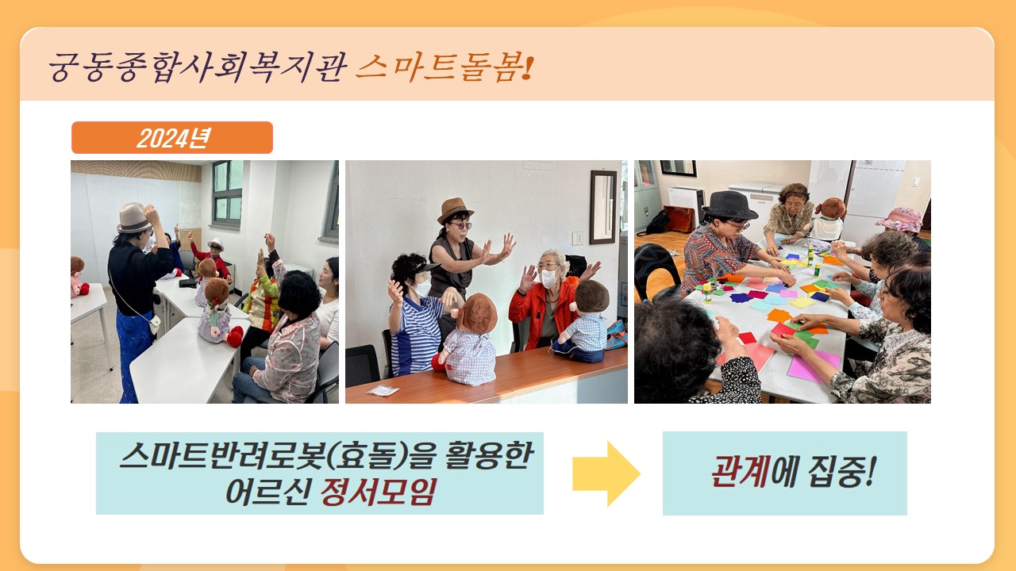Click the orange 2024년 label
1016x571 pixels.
(172, 138)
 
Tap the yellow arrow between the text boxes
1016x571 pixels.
(606, 473)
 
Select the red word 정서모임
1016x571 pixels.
(379, 492)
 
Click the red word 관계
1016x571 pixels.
(739, 472)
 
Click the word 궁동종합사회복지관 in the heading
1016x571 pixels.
(198, 68)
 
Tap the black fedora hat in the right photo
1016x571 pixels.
(729, 205)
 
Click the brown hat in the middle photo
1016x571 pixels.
(455, 210)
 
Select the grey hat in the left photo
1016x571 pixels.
(134, 218)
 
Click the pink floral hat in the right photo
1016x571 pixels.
(900, 220)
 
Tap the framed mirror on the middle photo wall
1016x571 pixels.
(603, 207)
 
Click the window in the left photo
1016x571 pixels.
(227, 194)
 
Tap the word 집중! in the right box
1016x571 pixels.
(841, 472)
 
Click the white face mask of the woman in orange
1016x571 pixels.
(548, 278)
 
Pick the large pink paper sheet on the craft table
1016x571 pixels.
(813, 366)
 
